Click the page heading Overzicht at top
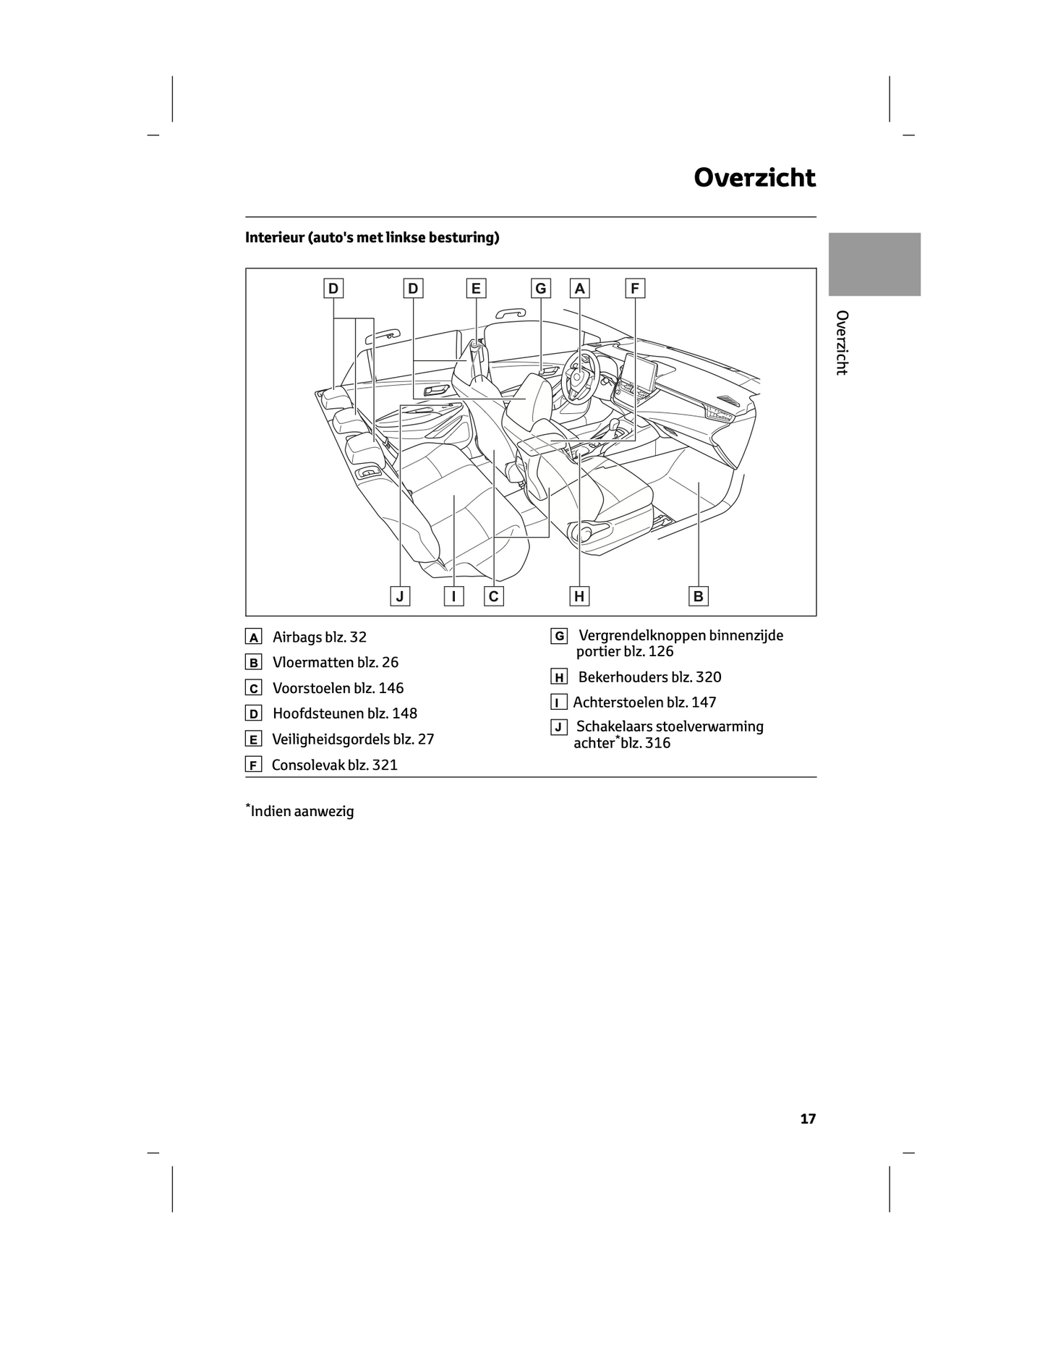click(x=754, y=178)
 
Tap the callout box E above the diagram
click(x=476, y=289)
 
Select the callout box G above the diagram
click(x=540, y=289)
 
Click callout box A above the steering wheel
click(x=579, y=289)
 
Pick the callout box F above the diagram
click(x=634, y=289)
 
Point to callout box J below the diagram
click(x=399, y=596)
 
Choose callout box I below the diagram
click(x=453, y=596)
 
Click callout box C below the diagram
click(x=494, y=596)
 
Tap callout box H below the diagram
click(x=579, y=596)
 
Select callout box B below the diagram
click(x=698, y=596)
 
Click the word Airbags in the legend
click(x=298, y=637)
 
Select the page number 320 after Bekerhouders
click(x=708, y=677)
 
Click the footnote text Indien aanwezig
click(x=302, y=811)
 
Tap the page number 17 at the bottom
click(x=807, y=1119)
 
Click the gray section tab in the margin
click(x=874, y=264)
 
